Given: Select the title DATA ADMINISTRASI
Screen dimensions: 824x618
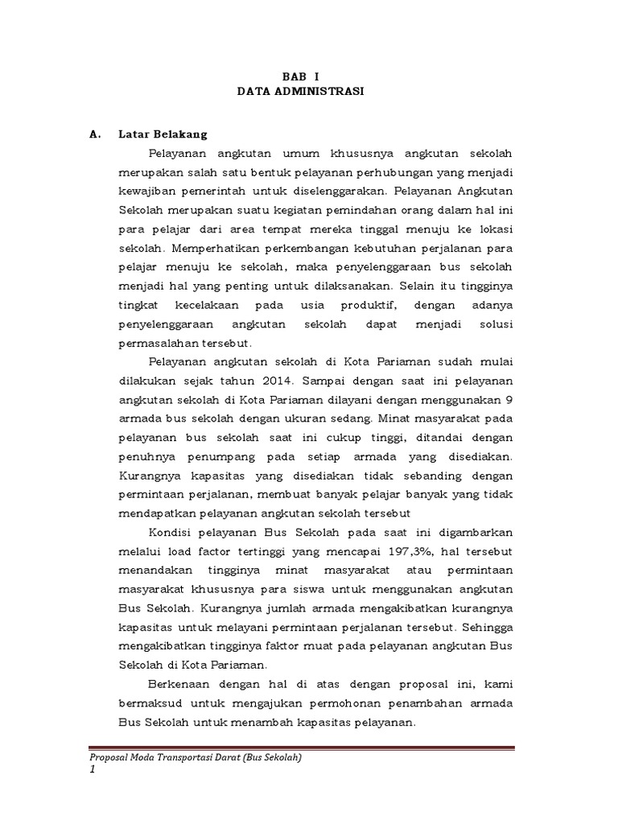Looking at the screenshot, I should coord(300,92).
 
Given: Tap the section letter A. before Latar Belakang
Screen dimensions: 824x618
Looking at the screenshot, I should coord(95,134).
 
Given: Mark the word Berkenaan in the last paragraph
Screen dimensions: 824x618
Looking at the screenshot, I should coord(179,684).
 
